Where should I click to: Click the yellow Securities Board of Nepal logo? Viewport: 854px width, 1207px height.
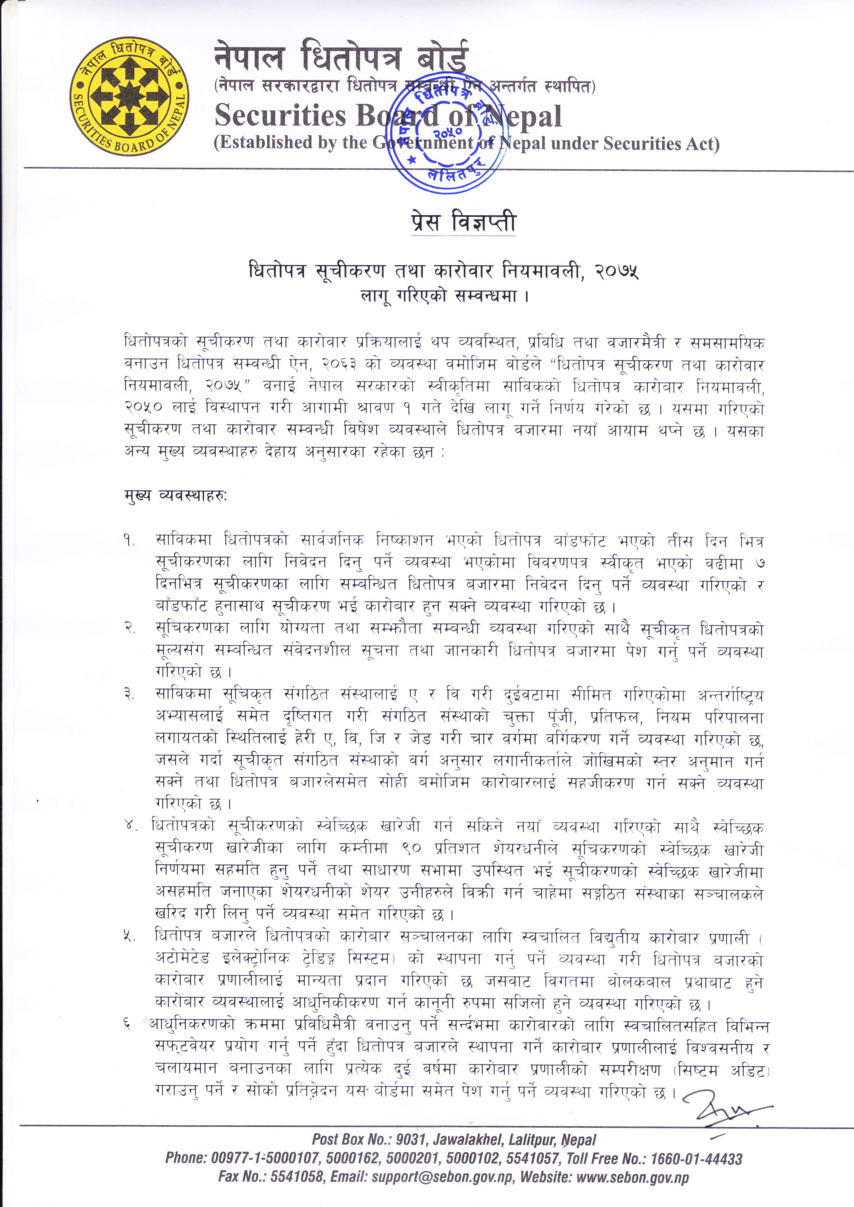(129, 96)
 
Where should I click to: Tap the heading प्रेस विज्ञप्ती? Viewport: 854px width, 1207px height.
(463, 223)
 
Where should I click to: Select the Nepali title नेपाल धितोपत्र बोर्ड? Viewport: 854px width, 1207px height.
(340, 58)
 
